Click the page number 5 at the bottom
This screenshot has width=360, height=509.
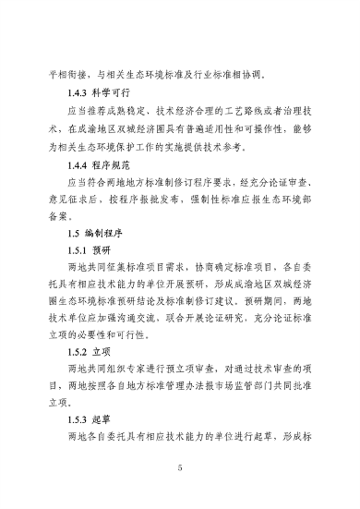point(181,469)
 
